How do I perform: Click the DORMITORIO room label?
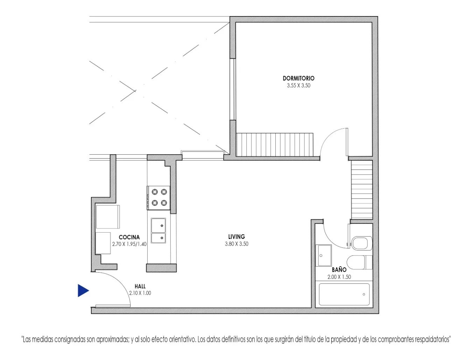click(x=298, y=78)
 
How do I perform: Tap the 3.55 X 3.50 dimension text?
click(x=298, y=86)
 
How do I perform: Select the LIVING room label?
click(x=237, y=237)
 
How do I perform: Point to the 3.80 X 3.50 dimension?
click(x=237, y=244)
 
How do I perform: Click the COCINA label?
click(x=129, y=237)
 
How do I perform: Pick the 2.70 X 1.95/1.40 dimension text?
click(x=129, y=244)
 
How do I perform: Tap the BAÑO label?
click(x=339, y=269)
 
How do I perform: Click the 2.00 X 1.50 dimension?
click(x=339, y=277)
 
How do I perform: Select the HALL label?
click(x=140, y=286)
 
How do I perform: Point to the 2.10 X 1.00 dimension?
click(x=140, y=293)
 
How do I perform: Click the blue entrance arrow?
click(x=83, y=291)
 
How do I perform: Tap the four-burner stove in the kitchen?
click(x=158, y=198)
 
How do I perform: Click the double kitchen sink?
click(x=158, y=231)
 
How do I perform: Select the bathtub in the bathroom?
click(x=344, y=294)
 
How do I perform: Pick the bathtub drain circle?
click(x=364, y=295)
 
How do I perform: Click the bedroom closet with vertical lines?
click(x=275, y=144)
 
